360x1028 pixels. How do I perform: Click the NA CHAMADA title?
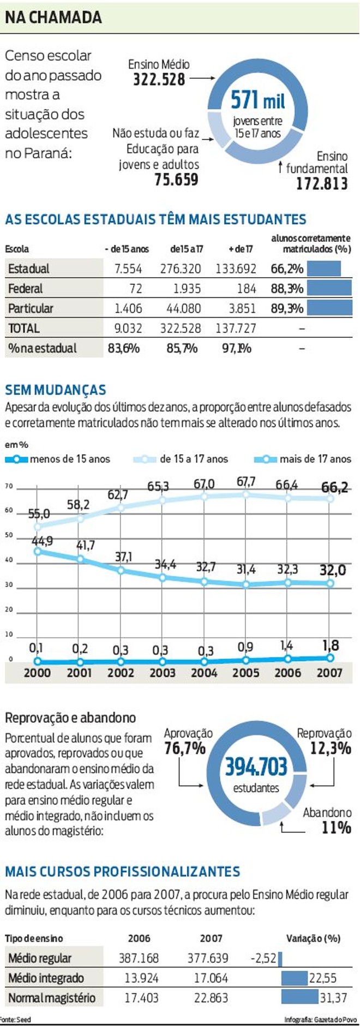pyautogui.click(x=53, y=17)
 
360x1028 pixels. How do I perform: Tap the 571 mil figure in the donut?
pyautogui.click(x=257, y=100)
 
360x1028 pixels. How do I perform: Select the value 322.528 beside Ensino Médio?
pyautogui.click(x=159, y=80)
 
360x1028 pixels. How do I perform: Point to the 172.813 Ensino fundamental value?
pyautogui.click(x=322, y=184)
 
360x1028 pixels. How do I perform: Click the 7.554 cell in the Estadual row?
pyautogui.click(x=128, y=269)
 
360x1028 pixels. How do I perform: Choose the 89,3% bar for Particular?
pyautogui.click(x=329, y=308)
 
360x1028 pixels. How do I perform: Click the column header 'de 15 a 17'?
pyautogui.click(x=187, y=249)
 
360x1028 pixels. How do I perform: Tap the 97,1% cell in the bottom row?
pyautogui.click(x=236, y=348)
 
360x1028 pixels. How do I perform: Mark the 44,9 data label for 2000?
pyautogui.click(x=42, y=541)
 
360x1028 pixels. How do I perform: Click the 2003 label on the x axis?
pyautogui.click(x=163, y=673)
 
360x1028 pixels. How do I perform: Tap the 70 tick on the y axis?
pyautogui.click(x=9, y=486)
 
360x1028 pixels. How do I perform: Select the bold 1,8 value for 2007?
pyautogui.click(x=330, y=646)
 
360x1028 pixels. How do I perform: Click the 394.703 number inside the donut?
pyautogui.click(x=256, y=767)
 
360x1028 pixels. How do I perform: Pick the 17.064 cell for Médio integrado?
pyautogui.click(x=211, y=978)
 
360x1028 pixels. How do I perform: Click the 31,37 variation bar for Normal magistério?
pyautogui.click(x=300, y=997)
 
